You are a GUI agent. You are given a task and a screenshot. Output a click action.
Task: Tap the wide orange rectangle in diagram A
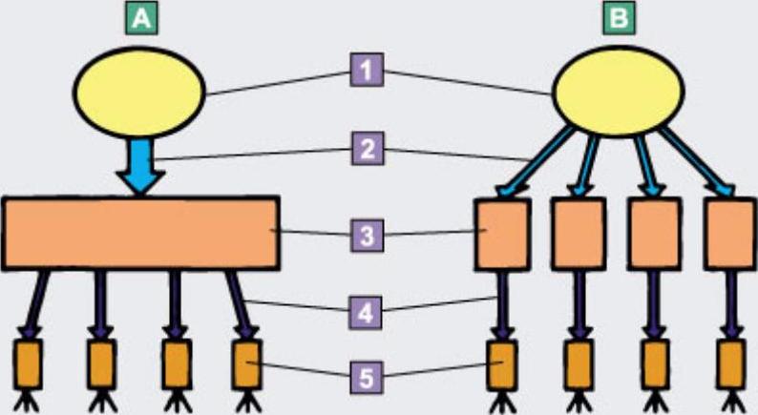(140, 232)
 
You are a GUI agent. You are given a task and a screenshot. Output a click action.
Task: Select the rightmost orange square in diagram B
(730, 233)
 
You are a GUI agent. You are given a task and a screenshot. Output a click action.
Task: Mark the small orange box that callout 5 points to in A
(247, 363)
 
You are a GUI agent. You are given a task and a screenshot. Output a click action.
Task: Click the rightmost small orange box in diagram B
(732, 364)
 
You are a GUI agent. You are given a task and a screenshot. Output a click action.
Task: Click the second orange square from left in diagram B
(578, 233)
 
